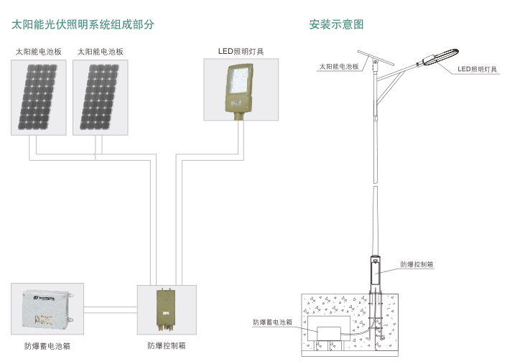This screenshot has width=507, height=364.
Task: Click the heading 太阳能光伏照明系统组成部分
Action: click(83, 24)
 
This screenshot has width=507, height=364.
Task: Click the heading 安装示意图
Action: click(336, 24)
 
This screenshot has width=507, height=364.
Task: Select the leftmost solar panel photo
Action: click(39, 97)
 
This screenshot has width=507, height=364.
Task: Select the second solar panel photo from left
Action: click(100, 97)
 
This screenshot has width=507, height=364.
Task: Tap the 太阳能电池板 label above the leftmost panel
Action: click(39, 52)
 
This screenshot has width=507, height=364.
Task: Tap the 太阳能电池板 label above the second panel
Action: click(100, 52)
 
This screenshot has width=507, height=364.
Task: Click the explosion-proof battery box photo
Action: click(47, 308)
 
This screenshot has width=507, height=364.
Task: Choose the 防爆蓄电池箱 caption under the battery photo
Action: click(47, 346)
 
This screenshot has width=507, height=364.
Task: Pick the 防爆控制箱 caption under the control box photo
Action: click(167, 345)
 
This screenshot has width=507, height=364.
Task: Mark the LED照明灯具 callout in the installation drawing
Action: click(478, 69)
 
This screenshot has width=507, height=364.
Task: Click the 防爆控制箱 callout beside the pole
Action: click(417, 264)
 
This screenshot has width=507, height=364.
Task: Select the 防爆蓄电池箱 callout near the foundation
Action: click(272, 322)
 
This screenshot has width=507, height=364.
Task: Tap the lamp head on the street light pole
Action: click(439, 56)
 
